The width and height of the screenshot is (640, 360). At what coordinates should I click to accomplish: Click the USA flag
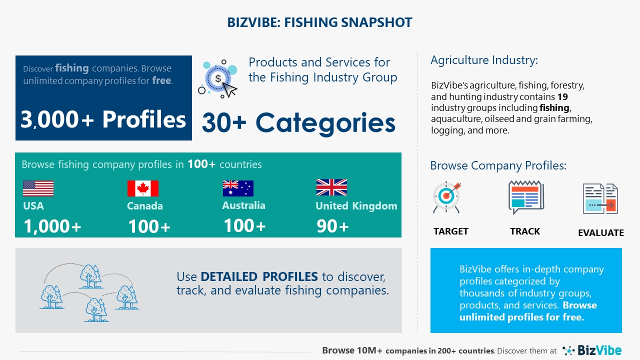(x=38, y=188)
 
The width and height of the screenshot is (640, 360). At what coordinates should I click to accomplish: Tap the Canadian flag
(x=143, y=188)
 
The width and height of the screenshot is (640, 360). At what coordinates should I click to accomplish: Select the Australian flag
(x=238, y=188)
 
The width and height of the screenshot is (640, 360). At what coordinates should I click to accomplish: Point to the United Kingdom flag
(x=331, y=187)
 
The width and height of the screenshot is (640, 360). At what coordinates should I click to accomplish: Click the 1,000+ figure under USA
(x=52, y=226)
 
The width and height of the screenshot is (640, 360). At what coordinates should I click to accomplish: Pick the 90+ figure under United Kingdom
(x=332, y=226)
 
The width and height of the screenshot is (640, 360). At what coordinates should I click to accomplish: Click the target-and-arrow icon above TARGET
(x=447, y=197)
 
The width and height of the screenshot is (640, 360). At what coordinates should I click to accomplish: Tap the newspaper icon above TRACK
(x=526, y=197)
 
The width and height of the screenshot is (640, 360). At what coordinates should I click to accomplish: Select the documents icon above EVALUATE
(x=600, y=199)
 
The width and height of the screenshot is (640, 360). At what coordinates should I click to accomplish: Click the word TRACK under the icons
(x=525, y=231)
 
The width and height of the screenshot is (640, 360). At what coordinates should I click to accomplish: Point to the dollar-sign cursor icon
(x=217, y=79)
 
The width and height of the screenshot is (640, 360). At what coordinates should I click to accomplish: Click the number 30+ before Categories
(x=224, y=123)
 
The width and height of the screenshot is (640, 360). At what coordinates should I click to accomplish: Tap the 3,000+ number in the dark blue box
(x=57, y=119)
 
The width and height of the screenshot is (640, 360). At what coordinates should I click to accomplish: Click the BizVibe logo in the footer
(x=592, y=350)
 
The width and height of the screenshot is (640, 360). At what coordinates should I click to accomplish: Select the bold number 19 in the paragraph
(x=562, y=97)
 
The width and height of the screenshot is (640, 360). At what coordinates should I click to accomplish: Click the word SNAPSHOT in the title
(x=376, y=22)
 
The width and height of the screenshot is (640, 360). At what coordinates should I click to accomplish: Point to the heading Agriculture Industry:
(x=484, y=60)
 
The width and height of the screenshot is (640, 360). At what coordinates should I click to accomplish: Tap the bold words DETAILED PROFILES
(x=259, y=276)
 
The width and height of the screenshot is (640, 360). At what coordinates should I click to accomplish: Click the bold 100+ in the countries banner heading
(x=201, y=164)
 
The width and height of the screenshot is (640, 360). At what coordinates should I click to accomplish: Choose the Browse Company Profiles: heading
(x=498, y=165)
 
